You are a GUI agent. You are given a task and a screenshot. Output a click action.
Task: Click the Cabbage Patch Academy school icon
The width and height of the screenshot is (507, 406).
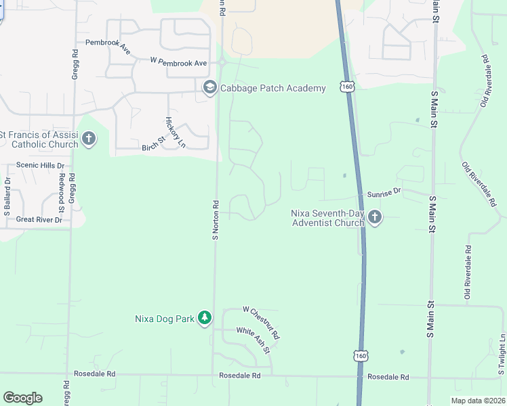click(x=209, y=88)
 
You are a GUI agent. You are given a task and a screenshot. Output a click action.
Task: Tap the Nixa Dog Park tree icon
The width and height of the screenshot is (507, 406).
click(x=205, y=318)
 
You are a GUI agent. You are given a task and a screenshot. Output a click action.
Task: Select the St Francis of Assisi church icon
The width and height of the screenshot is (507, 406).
click(x=88, y=139)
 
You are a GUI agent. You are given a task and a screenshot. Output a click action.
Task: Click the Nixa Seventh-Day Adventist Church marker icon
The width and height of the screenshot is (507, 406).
click(x=375, y=217)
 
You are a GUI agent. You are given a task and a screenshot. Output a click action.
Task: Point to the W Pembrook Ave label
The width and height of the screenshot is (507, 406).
click(x=179, y=62)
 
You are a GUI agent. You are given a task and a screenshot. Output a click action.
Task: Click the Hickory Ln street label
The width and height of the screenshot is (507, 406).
click(x=175, y=132)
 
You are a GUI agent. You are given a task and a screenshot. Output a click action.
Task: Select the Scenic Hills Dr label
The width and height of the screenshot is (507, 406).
click(x=40, y=165)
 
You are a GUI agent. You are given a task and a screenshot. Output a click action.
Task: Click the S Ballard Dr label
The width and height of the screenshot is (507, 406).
click(x=7, y=197)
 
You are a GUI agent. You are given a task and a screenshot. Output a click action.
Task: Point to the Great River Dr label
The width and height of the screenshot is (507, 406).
click(x=39, y=219)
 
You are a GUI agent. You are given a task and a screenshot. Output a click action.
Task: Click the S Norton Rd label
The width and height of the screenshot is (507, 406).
click(x=215, y=220)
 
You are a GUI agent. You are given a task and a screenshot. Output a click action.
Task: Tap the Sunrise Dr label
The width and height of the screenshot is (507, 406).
click(x=384, y=193)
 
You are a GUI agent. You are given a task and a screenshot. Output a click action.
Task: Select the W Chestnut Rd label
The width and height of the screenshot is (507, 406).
click(x=261, y=322)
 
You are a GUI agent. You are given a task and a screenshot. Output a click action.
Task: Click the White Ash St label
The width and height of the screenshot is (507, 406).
click(x=253, y=340)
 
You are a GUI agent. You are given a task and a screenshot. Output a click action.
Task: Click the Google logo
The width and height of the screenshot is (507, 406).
click(x=22, y=398)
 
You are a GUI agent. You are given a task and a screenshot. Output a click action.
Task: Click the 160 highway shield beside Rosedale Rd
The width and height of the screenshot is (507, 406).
click(x=361, y=356)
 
